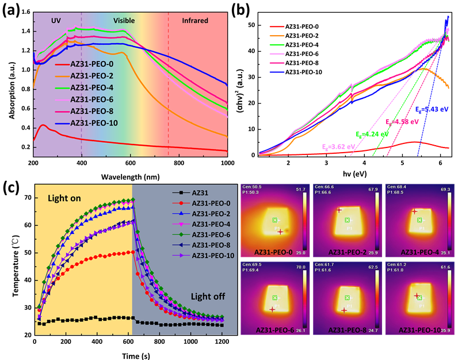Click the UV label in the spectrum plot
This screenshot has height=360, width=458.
pyautogui.click(x=56, y=21)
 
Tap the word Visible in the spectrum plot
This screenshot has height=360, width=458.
pyautogui.click(x=124, y=21)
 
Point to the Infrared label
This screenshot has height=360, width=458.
pyautogui.click(x=195, y=21)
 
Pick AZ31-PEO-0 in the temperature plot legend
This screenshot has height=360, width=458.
pyautogui.click(x=213, y=203)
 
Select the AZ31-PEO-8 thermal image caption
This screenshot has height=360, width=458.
pyautogui.click(x=348, y=330)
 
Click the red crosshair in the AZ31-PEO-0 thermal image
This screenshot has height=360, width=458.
pyautogui.click(x=280, y=232)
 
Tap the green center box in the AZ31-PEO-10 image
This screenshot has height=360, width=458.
pyautogui.click(x=419, y=298)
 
